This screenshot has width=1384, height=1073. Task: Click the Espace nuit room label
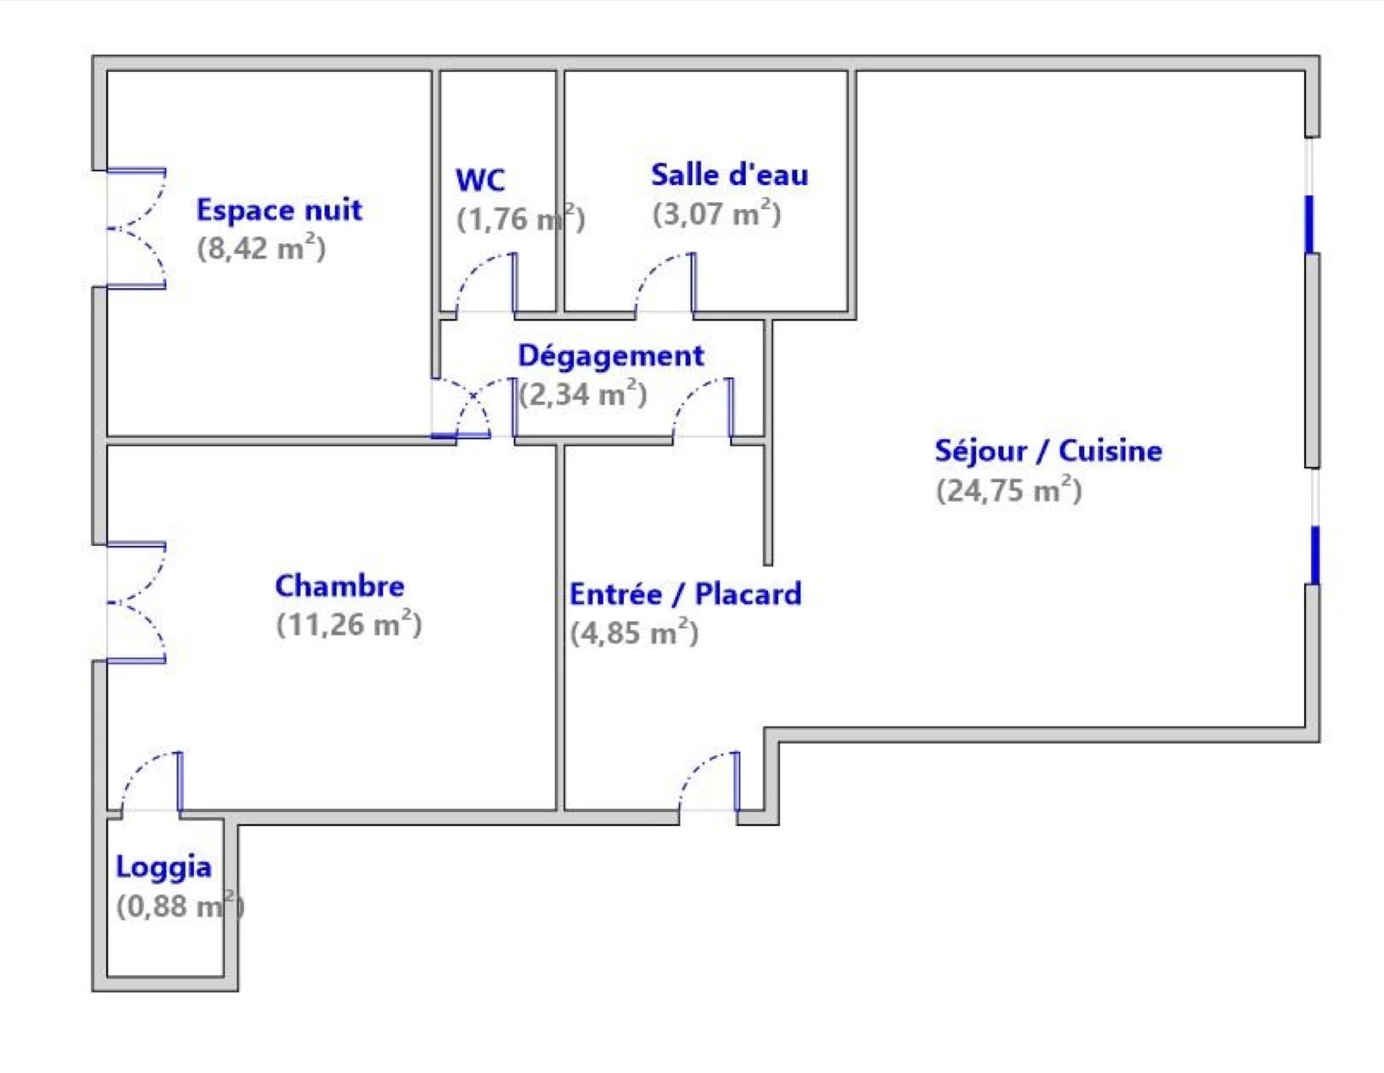tap(279, 210)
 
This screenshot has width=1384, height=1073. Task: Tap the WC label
tap(480, 180)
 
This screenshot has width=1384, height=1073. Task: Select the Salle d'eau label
tap(729, 175)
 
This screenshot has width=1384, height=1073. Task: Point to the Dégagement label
tap(610, 357)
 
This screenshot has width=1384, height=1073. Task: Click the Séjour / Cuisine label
tap(1048, 451)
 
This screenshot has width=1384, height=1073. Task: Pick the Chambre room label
tap(340, 586)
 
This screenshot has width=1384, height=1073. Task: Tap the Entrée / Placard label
tap(686, 594)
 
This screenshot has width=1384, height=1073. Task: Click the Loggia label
tap(164, 867)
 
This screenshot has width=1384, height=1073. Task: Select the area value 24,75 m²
tap(1009, 490)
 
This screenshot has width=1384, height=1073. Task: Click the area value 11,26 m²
tap(349, 624)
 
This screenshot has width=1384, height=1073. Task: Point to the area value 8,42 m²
tap(261, 248)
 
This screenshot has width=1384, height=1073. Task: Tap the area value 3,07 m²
tap(717, 214)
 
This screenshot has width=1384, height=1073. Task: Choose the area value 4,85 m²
tap(634, 633)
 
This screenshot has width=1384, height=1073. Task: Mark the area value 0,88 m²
tap(181, 906)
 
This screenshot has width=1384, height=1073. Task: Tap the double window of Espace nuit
tap(136, 229)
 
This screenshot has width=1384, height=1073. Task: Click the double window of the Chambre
tap(136, 603)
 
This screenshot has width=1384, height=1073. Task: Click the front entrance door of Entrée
tap(709, 782)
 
